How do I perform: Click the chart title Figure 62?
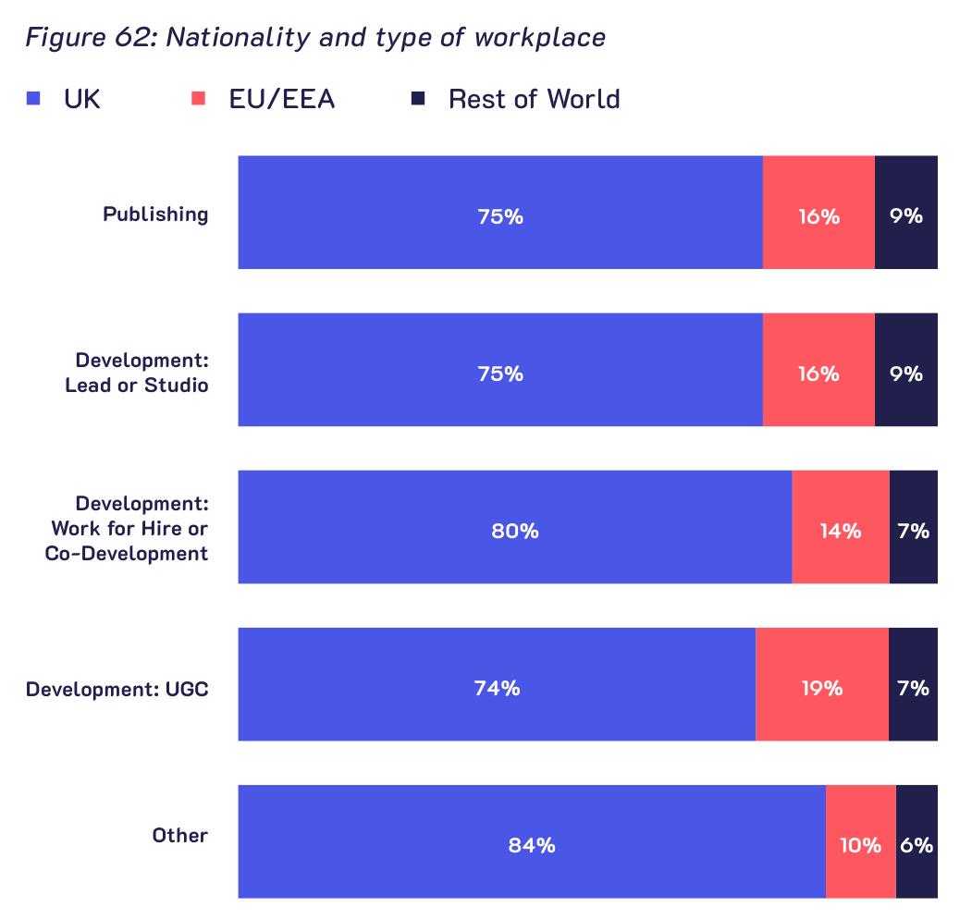[315, 38]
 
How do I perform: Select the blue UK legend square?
[33, 99]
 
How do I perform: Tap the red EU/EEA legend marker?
[198, 99]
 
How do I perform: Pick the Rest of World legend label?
[534, 99]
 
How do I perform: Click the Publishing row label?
[155, 214]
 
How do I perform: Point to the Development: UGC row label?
[117, 689]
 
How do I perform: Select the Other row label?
[179, 836]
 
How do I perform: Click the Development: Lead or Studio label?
[137, 373]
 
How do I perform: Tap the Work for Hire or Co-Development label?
[127, 529]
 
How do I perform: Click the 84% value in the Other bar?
[532, 845]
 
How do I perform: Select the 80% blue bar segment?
[515, 527]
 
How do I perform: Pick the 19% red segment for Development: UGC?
[822, 684]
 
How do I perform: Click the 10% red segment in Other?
[861, 841]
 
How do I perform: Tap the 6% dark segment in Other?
[917, 841]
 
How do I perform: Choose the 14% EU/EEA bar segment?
[841, 527]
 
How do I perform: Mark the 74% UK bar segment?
[498, 684]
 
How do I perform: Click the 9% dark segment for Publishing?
[906, 213]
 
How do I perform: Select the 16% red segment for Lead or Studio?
[818, 370]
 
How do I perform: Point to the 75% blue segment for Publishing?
[501, 213]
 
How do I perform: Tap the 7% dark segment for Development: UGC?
[913, 684]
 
